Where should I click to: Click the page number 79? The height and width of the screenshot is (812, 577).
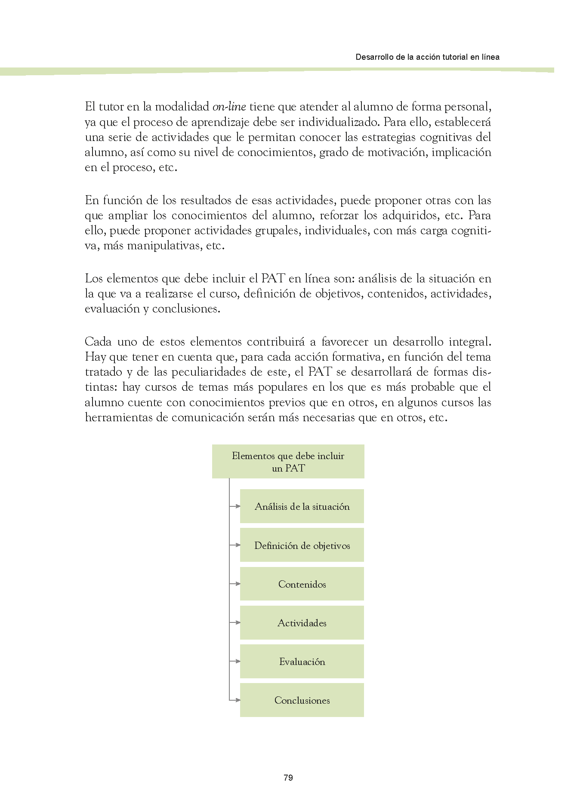(x=288, y=777)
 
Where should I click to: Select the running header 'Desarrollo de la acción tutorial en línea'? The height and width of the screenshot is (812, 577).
(x=427, y=57)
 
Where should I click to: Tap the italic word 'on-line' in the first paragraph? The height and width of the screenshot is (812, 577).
(x=229, y=107)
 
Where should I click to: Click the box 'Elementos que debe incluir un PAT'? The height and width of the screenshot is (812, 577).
(x=288, y=462)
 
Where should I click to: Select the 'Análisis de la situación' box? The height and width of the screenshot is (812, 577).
(x=302, y=506)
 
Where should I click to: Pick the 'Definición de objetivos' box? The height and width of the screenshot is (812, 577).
(x=302, y=545)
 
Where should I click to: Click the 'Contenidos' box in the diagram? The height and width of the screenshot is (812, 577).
(x=302, y=584)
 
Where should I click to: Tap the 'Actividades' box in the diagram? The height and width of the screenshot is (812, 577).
(x=302, y=622)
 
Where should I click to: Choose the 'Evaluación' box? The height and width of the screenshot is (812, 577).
(x=302, y=661)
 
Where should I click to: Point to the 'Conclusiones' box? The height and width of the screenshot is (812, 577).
(x=302, y=700)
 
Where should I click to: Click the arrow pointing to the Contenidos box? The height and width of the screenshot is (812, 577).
(x=235, y=584)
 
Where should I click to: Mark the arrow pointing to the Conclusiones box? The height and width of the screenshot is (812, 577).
(x=235, y=700)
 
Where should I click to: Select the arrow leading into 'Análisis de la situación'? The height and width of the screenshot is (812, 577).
(x=235, y=506)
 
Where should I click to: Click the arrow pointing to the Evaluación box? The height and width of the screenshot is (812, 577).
(x=235, y=661)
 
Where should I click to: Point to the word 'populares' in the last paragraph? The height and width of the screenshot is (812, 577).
(x=282, y=387)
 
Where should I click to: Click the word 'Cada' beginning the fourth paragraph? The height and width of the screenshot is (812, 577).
(x=98, y=342)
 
